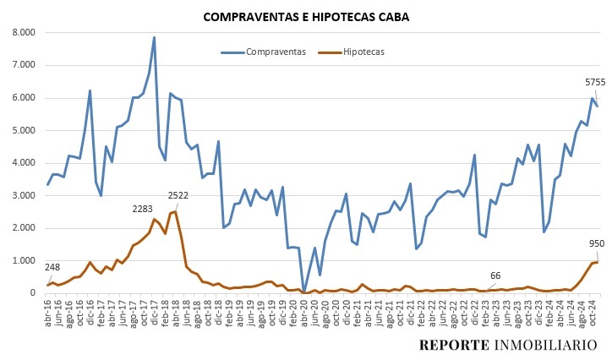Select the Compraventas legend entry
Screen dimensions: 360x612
tap(275, 52)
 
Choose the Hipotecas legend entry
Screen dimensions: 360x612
tap(363, 52)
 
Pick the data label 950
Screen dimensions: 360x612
tap(597, 243)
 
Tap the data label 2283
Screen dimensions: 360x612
tap(144, 209)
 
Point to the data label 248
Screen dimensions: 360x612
tap(52, 267)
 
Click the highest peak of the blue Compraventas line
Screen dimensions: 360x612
tap(154, 37)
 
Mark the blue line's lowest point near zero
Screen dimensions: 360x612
tap(303, 290)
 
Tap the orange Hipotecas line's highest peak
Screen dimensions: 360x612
tap(175, 211)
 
